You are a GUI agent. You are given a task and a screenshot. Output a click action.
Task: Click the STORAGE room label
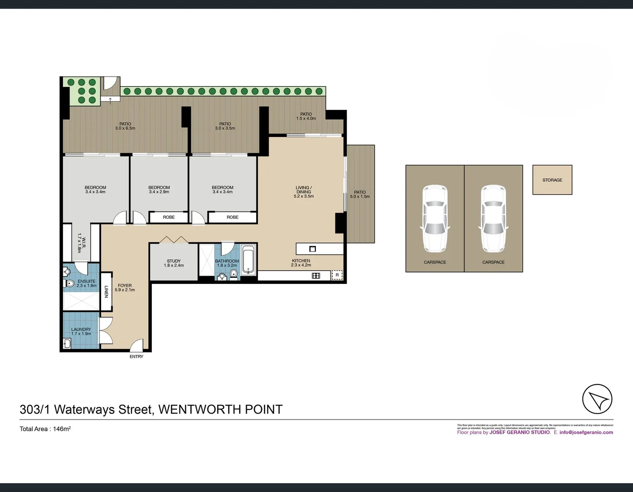tap(552, 180)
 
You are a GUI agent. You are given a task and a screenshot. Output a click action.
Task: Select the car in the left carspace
tap(435, 218)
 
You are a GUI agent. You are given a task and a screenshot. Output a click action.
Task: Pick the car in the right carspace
tap(493, 218)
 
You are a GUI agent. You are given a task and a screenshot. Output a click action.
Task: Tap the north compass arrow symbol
tap(597, 399)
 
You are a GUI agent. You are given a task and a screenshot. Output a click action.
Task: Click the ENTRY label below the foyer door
tap(136, 357)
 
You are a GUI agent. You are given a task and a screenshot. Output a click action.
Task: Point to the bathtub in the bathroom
tap(248, 260)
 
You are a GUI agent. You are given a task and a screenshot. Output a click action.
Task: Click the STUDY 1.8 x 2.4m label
tap(174, 263)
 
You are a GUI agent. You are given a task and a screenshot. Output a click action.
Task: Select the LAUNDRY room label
tap(81, 331)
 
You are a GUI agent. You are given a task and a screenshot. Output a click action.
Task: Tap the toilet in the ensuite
tap(69, 283)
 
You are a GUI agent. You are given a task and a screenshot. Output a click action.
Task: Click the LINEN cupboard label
tap(106, 292)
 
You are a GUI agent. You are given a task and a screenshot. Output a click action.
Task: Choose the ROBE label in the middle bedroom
tap(169, 217)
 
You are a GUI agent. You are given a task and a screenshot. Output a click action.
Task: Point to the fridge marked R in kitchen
tap(337, 275)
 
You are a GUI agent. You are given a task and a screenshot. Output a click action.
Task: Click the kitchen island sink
tap(313, 249)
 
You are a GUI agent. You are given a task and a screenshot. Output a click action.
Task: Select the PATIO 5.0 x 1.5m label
tap(360, 195)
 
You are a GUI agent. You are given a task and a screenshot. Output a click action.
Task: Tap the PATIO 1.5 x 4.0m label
tap(306, 116)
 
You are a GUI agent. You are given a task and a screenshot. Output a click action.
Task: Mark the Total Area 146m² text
tap(45, 429)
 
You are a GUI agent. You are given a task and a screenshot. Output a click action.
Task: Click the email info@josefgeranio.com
tap(586, 432)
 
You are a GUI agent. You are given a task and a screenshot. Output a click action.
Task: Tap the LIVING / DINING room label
tap(304, 192)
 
